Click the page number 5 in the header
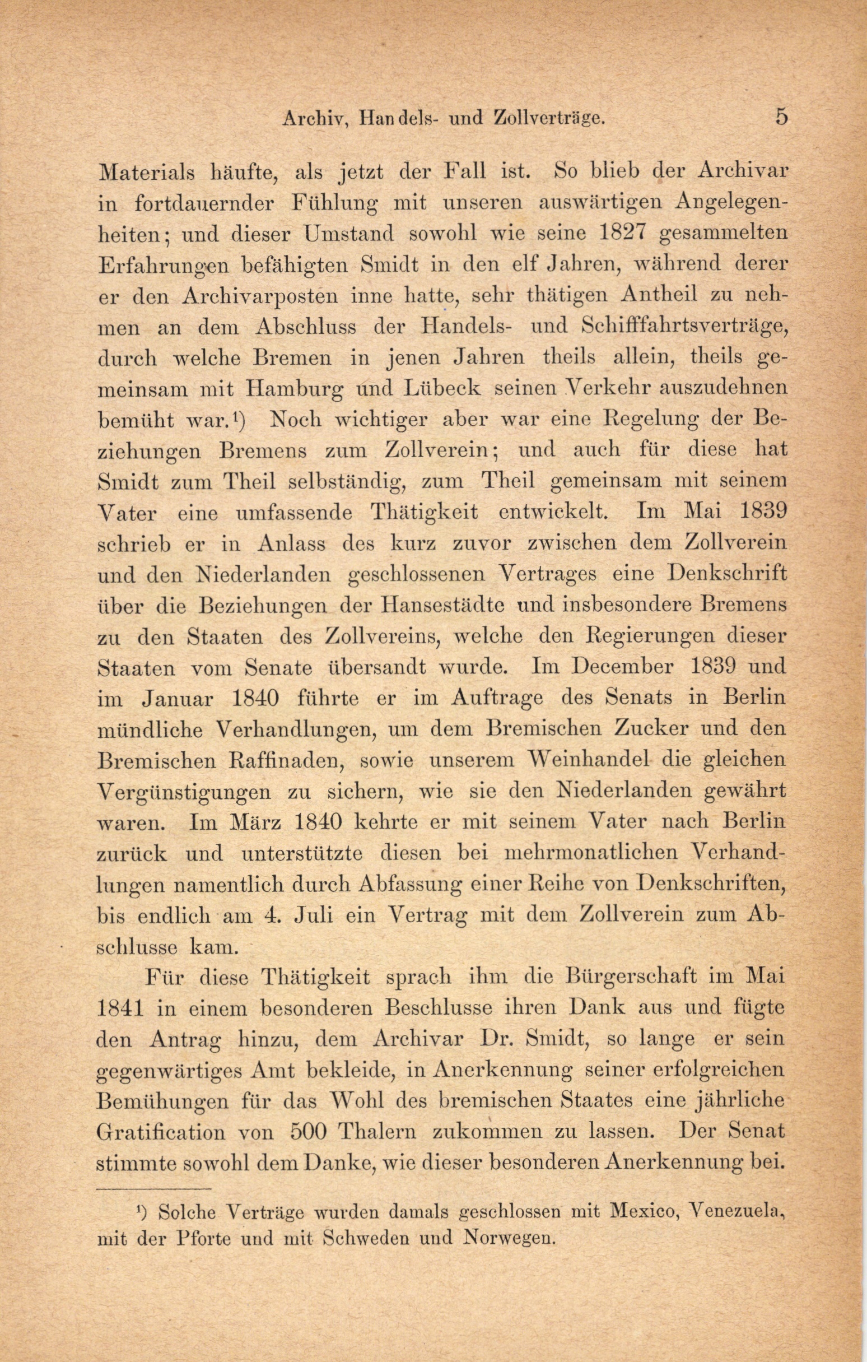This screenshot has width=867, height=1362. click(781, 117)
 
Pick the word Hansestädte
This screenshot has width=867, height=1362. click(443, 605)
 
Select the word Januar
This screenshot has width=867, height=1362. click(176, 699)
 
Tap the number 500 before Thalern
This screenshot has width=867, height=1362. click(309, 1133)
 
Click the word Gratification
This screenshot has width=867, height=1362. click(160, 1133)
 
